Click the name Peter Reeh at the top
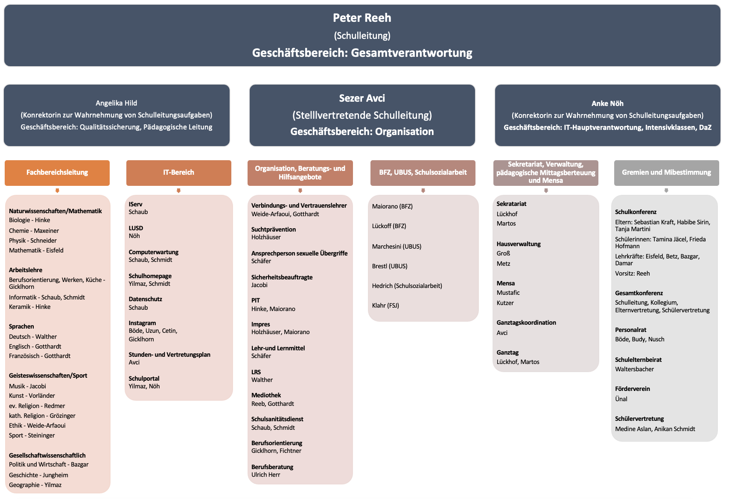point(362,18)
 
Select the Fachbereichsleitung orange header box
point(57,173)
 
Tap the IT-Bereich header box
point(179,173)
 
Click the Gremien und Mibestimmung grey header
point(667,173)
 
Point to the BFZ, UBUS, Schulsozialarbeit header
point(423,173)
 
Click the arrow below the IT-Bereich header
point(178,191)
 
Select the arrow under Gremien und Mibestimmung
point(666,191)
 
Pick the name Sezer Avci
point(362,98)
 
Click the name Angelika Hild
point(116,103)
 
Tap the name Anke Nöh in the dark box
point(607,103)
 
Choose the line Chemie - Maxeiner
point(34,231)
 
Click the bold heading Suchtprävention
point(273,229)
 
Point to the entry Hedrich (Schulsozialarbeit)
point(407,286)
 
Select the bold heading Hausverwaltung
point(519,244)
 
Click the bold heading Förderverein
point(633,389)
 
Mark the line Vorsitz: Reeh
point(633,273)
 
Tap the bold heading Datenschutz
point(145,299)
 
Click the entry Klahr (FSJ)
point(385,305)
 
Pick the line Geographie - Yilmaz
point(35,485)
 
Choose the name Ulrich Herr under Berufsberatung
point(265,475)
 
